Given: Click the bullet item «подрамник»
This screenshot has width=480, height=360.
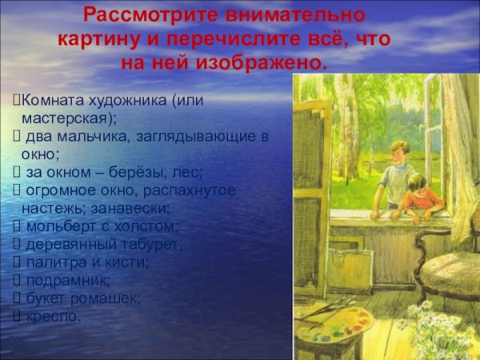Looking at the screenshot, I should coord(63,280).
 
